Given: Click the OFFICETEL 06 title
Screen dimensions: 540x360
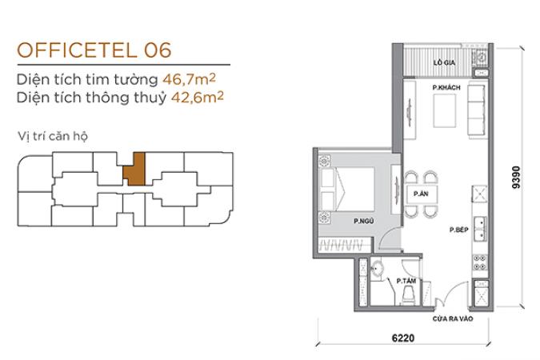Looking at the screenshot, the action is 94,50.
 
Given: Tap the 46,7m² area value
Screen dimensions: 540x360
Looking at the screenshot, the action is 189,79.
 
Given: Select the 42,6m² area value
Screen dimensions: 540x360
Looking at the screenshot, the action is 198,97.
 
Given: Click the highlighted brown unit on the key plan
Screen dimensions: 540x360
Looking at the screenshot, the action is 134,169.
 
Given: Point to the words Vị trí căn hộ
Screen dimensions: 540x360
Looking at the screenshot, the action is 53,136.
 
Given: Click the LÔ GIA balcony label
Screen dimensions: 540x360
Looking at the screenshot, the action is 444,62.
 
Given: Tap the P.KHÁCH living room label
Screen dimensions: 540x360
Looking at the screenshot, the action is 446,87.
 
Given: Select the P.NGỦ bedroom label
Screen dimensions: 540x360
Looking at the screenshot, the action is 364,221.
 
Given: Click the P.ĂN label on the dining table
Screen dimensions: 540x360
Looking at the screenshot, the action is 421,194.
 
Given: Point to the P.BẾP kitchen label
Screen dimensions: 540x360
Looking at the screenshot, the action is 458,230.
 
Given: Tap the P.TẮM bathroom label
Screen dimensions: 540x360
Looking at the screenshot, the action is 406,281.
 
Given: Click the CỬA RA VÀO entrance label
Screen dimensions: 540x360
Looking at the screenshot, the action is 453,319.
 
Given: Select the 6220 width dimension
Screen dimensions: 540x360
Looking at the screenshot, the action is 403,338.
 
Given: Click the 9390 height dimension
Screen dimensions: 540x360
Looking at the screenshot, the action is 516,178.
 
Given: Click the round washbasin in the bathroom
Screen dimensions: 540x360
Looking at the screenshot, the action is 378,269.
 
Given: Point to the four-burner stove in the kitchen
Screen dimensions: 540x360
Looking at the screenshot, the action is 480,262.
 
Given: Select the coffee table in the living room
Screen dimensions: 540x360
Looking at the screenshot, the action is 444,111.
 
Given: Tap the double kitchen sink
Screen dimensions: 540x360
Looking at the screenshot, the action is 480,229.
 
